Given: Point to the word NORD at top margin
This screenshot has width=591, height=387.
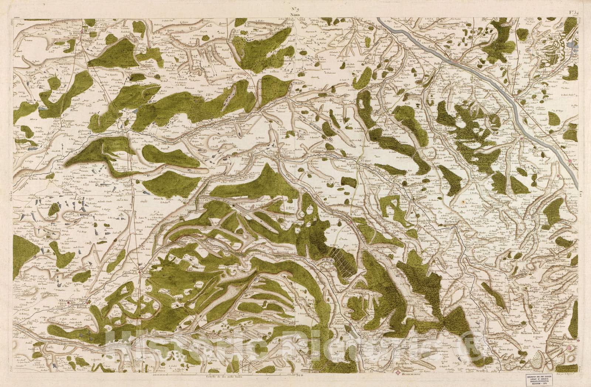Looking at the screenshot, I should [x=294, y=15].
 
